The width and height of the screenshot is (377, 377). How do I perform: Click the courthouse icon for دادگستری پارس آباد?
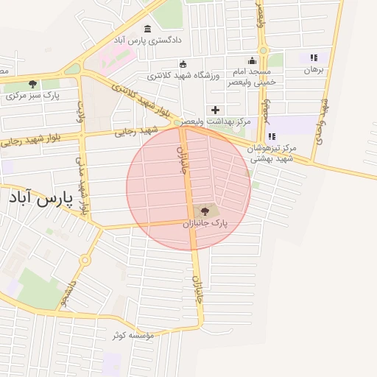pos(147,29)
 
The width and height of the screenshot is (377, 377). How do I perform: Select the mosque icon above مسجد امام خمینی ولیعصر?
pos(253,61)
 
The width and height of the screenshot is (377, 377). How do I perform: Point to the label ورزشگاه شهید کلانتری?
pos(180,75)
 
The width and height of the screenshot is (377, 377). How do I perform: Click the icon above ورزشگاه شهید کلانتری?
pos(183,64)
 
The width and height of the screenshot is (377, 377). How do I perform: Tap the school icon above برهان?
pos(313,57)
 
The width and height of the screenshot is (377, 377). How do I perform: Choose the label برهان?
pos(314,71)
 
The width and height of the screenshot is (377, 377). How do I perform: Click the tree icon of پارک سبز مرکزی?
pos(32,84)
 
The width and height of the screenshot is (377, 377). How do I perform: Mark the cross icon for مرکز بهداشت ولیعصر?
pos(215,110)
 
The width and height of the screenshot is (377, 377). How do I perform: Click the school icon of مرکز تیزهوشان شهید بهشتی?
pos(272,136)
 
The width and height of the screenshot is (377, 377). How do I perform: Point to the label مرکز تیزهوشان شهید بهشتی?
pos(272,152)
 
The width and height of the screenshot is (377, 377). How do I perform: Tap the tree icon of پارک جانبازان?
pos(205,211)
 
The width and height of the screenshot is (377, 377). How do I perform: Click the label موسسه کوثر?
pos(133,336)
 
